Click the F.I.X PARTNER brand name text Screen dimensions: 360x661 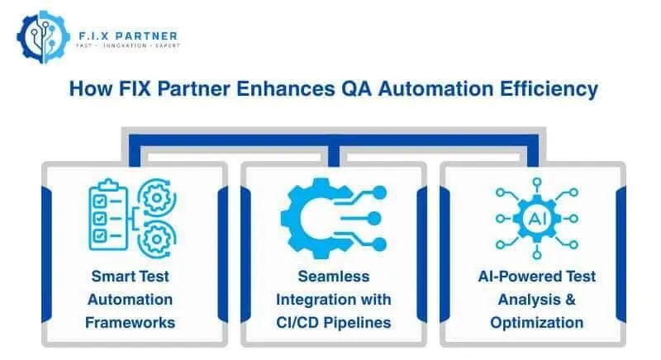click(125, 35)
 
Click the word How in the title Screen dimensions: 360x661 click(88, 88)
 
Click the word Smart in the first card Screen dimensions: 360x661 click(108, 276)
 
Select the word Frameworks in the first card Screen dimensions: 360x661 click(129, 322)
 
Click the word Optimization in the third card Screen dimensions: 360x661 click(536, 322)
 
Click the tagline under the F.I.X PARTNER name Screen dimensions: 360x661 click(125, 45)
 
